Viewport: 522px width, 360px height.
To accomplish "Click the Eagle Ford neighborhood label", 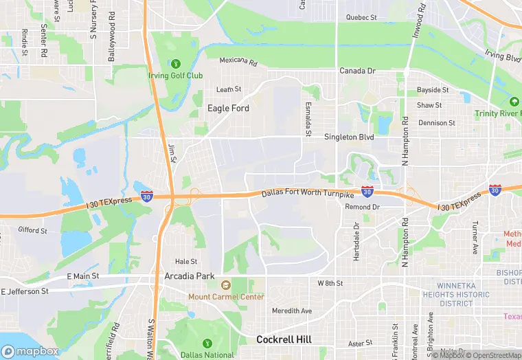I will pos(228,109).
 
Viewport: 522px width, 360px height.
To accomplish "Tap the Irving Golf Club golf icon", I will pos(174,64).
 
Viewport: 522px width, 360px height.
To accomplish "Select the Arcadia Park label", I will pos(190,276).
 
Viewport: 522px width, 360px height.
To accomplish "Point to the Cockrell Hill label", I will pos(284,339).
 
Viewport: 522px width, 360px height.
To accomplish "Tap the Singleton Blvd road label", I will pos(349,137).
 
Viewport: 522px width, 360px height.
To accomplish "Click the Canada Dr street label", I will pos(357,71).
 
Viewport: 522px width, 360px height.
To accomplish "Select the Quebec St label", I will pos(361,17).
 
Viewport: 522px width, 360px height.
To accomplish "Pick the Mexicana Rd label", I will pos(238,61).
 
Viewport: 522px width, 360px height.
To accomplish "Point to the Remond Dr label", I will pos(362,207).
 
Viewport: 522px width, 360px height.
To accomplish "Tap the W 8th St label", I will pos(330,283).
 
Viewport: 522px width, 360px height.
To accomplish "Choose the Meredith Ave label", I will pos(292,311).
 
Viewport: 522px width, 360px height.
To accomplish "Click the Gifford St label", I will pos(32,230).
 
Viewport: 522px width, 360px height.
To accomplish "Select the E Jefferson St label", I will pos(25,291).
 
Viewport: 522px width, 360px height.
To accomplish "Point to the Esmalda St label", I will pos(308,117).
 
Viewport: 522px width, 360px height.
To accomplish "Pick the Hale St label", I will pos(186,262).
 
